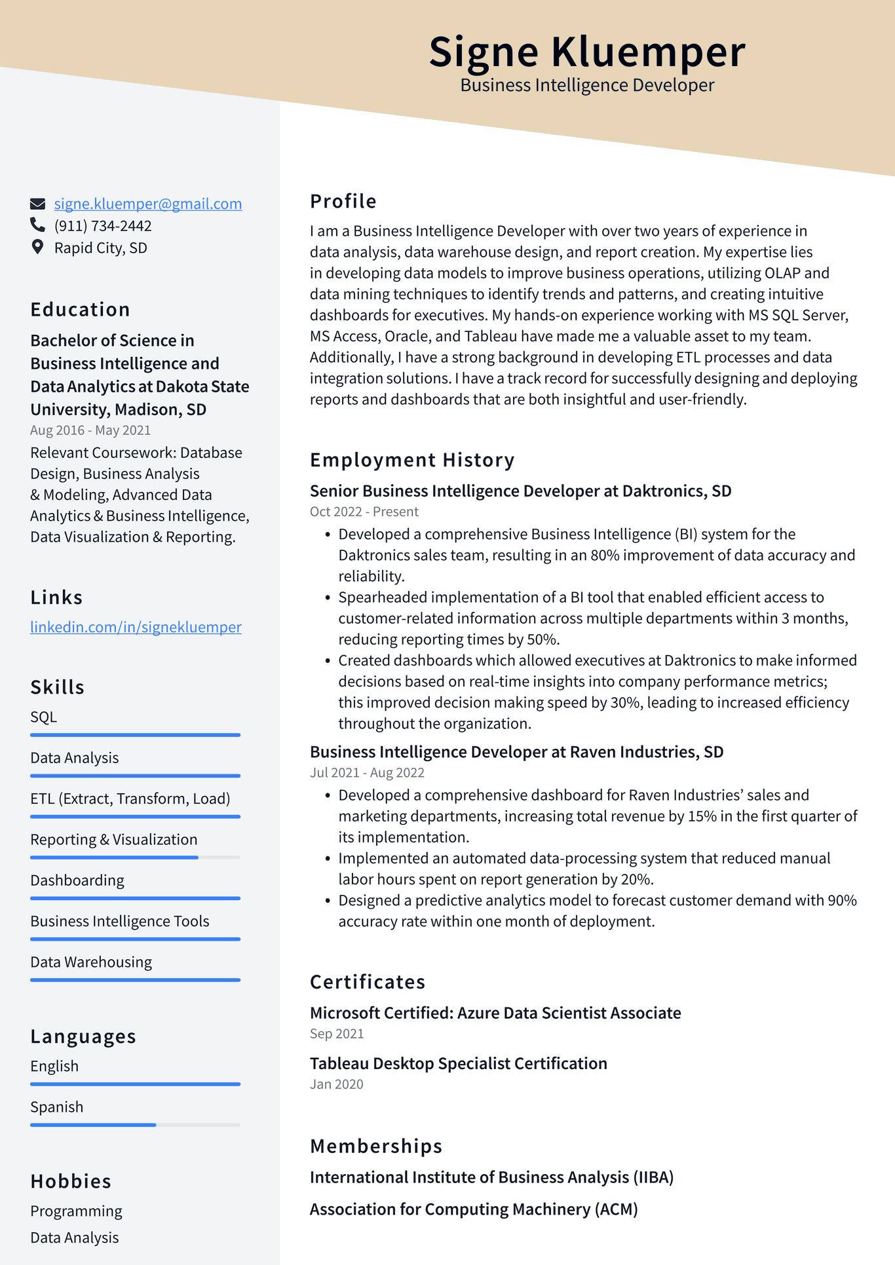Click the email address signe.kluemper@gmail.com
click(147, 204)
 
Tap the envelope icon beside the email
click(38, 204)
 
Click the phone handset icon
click(37, 225)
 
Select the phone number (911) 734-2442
click(103, 226)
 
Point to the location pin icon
click(37, 247)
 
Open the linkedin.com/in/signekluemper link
click(136, 627)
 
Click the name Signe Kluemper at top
click(586, 52)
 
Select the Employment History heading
click(412, 460)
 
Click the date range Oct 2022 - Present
click(364, 512)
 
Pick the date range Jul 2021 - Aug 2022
click(367, 772)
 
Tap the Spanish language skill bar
click(135, 1125)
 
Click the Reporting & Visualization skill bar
click(135, 858)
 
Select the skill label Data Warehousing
click(91, 962)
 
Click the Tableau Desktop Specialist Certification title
click(458, 1063)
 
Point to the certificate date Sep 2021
click(337, 1034)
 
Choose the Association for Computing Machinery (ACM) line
click(473, 1209)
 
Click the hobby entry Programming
click(76, 1211)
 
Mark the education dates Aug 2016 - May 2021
click(90, 430)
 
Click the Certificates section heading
click(368, 982)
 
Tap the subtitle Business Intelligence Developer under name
click(586, 85)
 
